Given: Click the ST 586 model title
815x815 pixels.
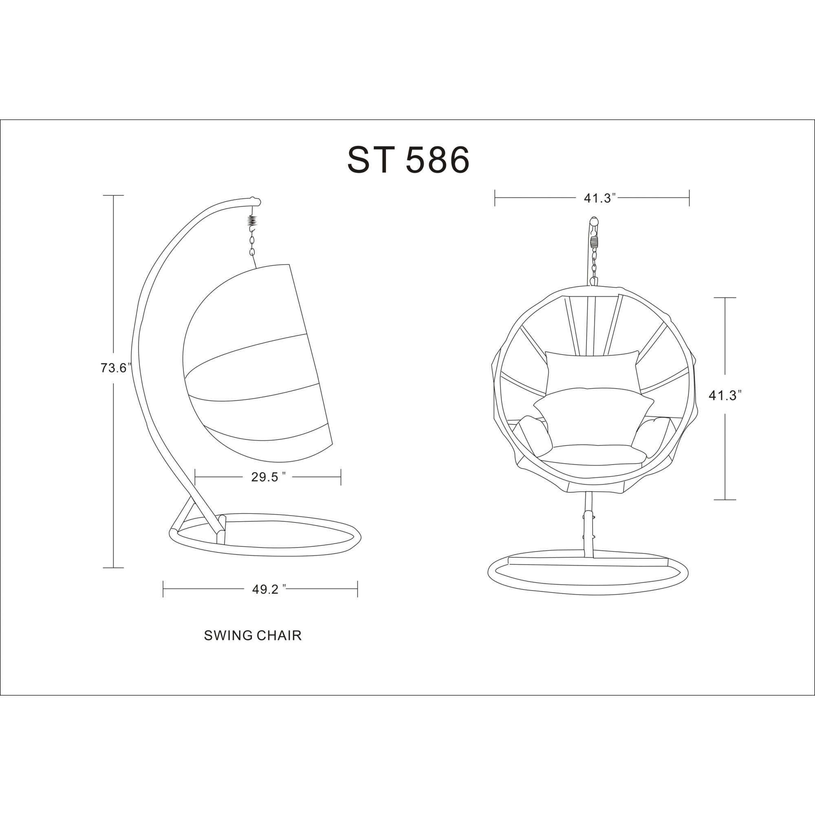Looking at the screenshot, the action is click(x=408, y=160).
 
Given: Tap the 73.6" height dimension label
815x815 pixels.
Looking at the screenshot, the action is click(x=116, y=368).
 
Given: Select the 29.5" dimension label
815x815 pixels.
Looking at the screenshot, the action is click(x=268, y=477).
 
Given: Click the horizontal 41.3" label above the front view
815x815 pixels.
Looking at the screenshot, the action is click(x=600, y=198).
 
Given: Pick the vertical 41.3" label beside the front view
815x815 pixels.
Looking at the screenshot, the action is click(x=725, y=395).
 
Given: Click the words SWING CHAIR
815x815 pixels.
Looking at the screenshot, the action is click(x=253, y=635).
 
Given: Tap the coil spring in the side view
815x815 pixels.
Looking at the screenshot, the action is click(x=252, y=220).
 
